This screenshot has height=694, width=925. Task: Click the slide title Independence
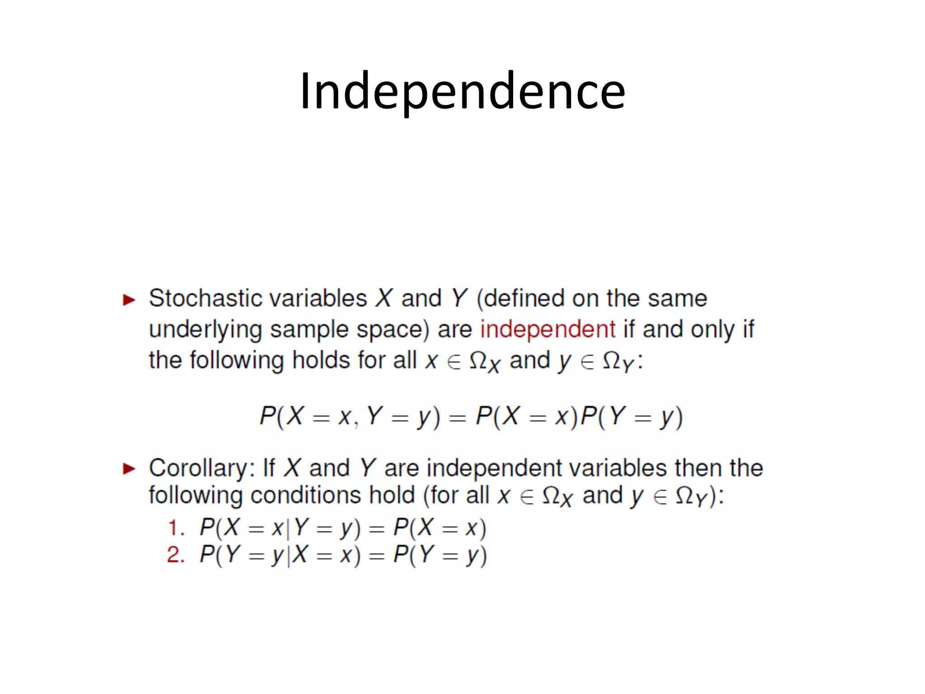click(x=462, y=92)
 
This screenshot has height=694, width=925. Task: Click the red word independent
click(x=547, y=329)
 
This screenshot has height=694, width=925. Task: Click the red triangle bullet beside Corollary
click(x=129, y=469)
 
